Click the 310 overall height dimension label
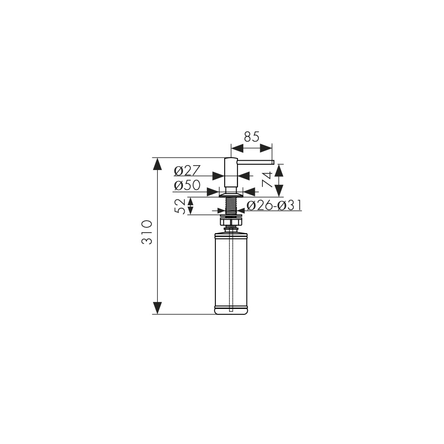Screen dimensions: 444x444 click(147, 232)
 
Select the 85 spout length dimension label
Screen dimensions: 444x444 click(252, 137)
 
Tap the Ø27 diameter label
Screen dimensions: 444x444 click(187, 171)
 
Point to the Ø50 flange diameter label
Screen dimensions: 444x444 click(187, 186)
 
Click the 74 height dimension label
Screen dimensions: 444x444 click(268, 179)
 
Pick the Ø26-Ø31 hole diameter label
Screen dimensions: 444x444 click(274, 206)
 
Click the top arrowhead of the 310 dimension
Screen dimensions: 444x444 click(157, 164)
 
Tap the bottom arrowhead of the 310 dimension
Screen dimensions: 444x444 click(157, 308)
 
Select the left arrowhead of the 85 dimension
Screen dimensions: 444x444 click(237, 148)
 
